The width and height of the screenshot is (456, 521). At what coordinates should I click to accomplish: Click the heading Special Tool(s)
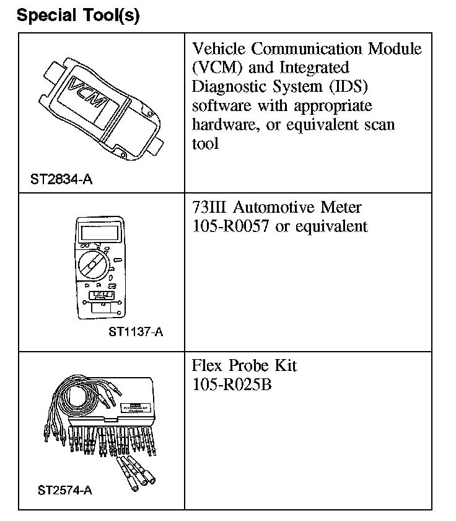tap(78, 16)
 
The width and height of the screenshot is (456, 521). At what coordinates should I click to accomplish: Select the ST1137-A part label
tap(136, 332)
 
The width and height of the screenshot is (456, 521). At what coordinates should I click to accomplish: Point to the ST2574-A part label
tap(64, 491)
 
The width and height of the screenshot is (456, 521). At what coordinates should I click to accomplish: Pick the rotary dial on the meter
tap(93, 264)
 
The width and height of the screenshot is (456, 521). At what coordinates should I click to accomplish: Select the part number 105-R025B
tap(232, 384)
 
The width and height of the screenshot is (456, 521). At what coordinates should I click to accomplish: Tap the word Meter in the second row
tap(341, 207)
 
